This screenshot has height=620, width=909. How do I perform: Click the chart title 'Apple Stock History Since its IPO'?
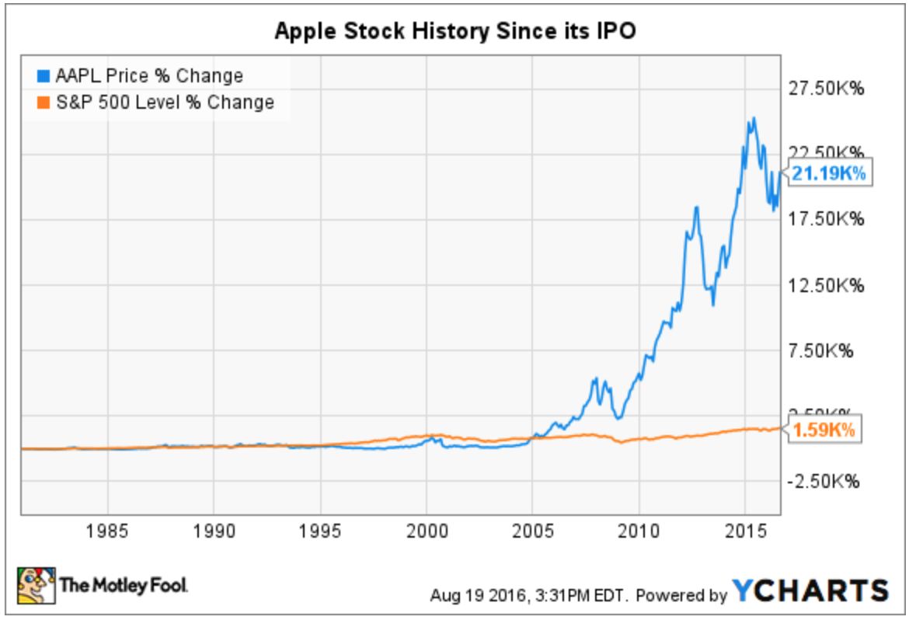454,31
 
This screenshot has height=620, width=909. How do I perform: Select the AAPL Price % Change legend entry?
140,76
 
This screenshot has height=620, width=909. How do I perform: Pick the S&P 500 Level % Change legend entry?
155,102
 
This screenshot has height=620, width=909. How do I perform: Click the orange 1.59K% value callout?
827,429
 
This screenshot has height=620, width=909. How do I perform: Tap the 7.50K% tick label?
827,351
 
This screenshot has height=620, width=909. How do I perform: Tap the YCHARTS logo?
810,591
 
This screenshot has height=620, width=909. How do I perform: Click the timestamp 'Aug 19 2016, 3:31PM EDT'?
531,596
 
